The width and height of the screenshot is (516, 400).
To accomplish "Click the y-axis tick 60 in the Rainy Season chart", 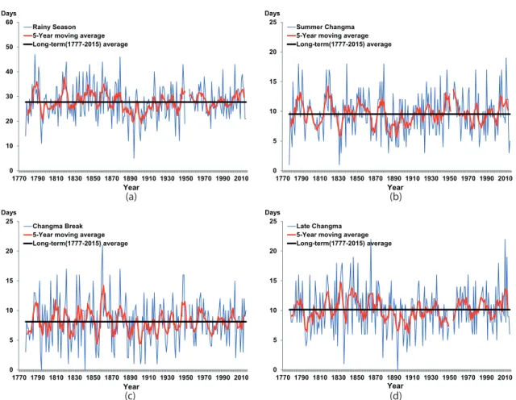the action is [x=9, y=23].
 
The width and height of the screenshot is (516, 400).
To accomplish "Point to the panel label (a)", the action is [x=131, y=197].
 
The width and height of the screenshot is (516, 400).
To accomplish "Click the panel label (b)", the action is [x=395, y=197].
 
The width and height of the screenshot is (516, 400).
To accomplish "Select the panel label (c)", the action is [x=130, y=395].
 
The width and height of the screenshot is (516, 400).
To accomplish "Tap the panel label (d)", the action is [x=395, y=395].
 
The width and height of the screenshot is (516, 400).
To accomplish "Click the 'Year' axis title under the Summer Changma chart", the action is [x=395, y=187].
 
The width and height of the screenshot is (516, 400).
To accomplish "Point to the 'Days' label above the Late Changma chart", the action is [x=273, y=213].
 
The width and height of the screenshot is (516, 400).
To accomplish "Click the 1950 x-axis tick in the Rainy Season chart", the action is [x=186, y=178].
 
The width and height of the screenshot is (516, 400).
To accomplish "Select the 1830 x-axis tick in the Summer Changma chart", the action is [x=339, y=178].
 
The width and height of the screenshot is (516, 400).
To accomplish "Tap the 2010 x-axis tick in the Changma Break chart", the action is [x=241, y=377].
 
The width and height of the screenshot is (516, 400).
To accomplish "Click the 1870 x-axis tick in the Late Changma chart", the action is [x=376, y=377].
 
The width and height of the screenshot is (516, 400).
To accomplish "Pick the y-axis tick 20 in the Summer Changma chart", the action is [x=273, y=52].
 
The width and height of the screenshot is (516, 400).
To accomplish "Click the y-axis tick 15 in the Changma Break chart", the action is [x=9, y=281].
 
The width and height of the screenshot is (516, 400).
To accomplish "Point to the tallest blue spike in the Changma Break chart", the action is [x=102, y=245].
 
